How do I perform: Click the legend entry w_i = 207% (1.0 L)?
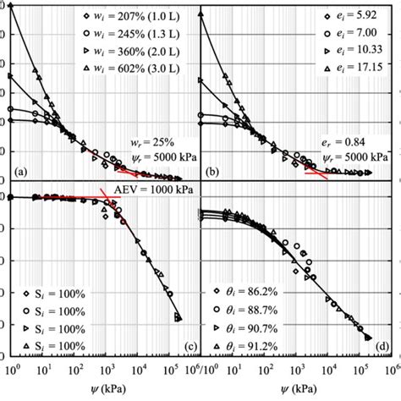coord(127,16)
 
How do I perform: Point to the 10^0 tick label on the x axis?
coord(12,369)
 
